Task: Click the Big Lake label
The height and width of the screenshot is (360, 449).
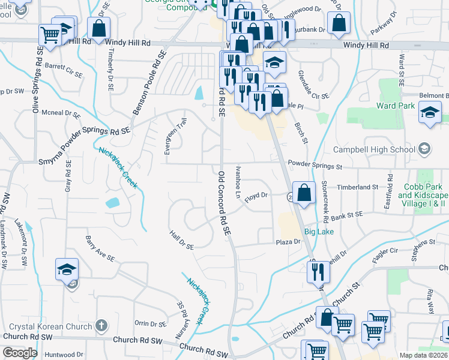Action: point(318,231)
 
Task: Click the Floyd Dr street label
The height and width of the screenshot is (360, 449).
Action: point(256,195)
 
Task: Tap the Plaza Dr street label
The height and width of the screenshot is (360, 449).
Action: point(288,242)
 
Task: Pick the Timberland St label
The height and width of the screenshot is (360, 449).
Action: point(358,187)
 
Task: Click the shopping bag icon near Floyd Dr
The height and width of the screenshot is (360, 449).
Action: point(304,193)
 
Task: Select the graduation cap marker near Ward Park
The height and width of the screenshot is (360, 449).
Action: point(430,112)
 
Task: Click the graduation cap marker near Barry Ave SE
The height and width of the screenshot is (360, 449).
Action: point(67,269)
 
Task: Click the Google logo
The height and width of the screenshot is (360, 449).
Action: point(20,353)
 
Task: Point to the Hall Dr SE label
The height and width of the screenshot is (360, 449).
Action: point(182,242)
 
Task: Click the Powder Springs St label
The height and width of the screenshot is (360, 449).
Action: point(314,163)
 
